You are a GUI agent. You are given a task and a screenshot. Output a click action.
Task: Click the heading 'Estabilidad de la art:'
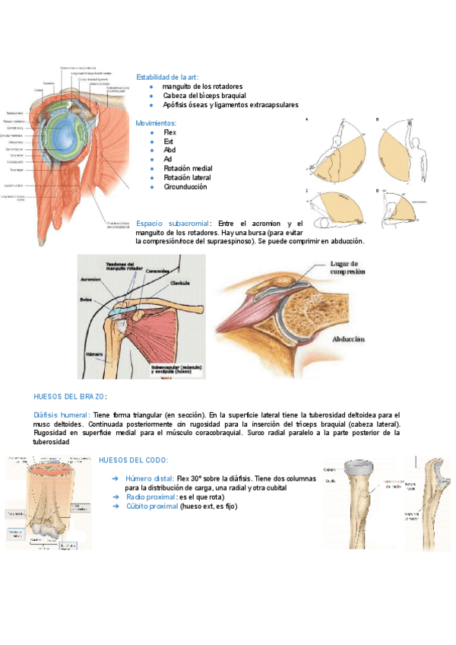tap(167, 78)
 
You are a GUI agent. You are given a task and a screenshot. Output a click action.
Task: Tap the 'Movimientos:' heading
tap(156, 123)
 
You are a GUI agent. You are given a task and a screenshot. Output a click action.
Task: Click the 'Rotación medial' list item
tap(188, 168)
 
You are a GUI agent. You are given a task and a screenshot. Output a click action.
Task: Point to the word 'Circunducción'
tap(185, 186)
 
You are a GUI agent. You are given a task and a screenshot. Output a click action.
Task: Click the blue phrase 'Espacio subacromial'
tap(171, 223)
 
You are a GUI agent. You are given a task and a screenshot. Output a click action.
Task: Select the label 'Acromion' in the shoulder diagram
tap(90, 279)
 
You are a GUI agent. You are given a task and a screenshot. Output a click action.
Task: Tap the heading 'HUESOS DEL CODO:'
tap(134, 460)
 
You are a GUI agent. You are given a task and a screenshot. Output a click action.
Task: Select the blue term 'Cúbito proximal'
tap(151, 506)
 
